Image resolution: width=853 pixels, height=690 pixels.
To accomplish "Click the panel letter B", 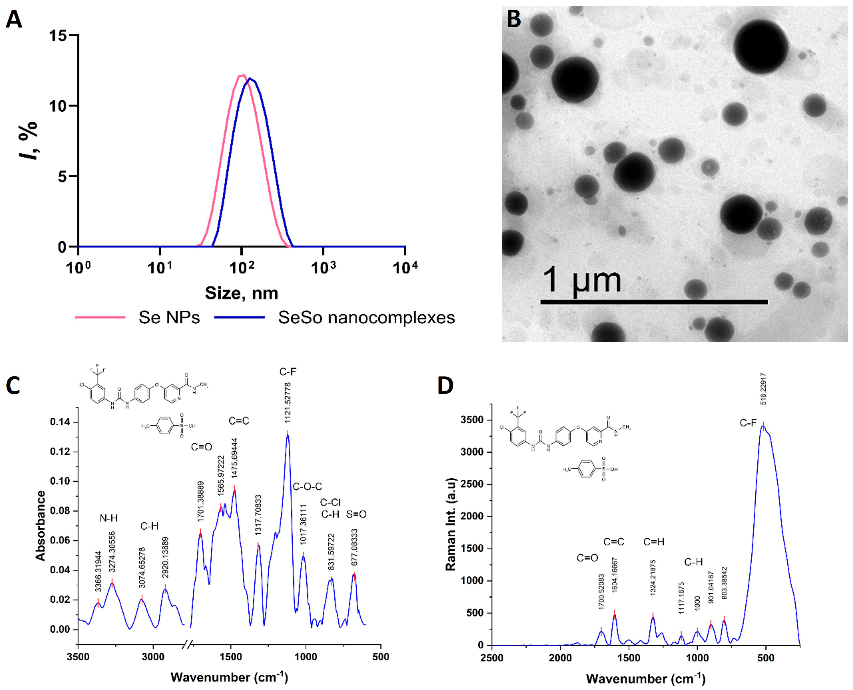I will (x=514, y=19).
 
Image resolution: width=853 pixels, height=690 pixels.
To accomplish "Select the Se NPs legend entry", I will (x=169, y=317).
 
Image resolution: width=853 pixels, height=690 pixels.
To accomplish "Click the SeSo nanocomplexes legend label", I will (x=366, y=317).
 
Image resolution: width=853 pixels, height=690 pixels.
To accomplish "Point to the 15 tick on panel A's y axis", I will (x=59, y=35).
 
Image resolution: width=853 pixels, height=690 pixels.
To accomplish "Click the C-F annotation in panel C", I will (x=288, y=372).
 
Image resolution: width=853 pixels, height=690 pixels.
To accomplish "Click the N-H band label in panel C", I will (x=108, y=518).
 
